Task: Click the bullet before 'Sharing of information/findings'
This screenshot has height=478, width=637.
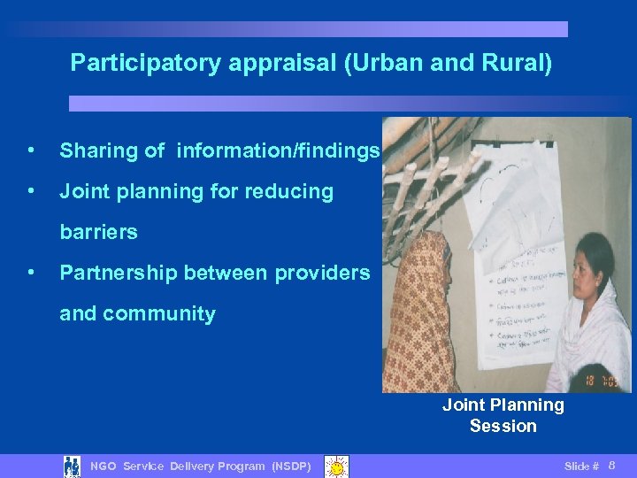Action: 32,151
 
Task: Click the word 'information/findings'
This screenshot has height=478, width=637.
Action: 279,151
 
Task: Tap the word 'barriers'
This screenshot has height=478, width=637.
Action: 98,233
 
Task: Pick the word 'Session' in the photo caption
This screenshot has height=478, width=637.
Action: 503,426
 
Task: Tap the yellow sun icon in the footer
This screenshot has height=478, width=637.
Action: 336,466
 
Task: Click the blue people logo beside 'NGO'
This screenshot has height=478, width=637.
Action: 73,466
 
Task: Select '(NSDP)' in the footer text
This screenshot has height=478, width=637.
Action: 291,466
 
